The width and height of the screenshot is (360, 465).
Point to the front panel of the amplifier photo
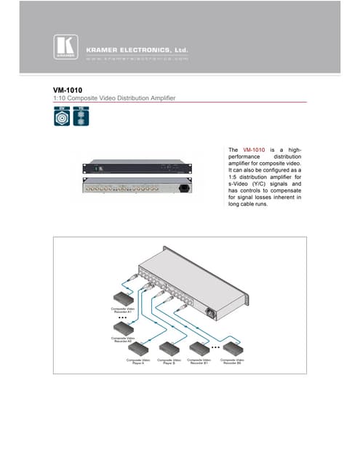(x=137, y=167)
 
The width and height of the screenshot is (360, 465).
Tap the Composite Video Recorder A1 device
(x=121, y=299)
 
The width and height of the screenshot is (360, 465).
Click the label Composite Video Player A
(x=140, y=361)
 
